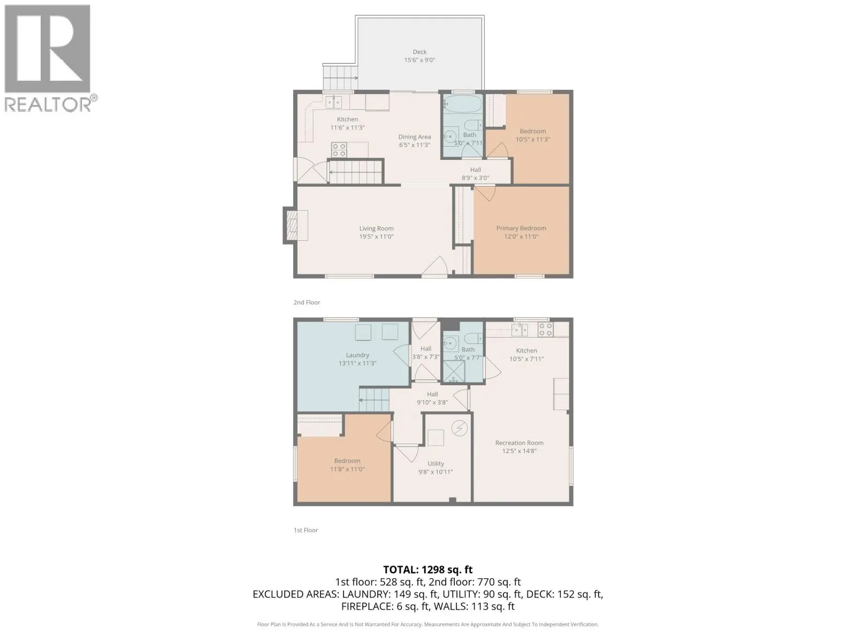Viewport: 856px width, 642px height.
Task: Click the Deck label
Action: coord(419,52)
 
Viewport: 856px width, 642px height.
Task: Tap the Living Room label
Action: coord(376,228)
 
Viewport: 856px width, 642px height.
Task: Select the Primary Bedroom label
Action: coord(521,228)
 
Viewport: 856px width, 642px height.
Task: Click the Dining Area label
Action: coord(415,137)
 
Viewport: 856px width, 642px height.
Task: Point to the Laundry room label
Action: coord(357,355)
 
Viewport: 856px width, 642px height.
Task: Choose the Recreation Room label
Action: coord(519,443)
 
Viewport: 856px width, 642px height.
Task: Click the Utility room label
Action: coord(435,463)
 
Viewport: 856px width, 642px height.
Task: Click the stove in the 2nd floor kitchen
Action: coord(339,150)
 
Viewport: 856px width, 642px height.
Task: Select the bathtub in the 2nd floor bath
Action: coord(463,104)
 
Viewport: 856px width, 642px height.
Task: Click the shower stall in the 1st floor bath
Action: coord(454,371)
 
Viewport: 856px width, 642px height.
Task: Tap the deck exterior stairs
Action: coord(341,78)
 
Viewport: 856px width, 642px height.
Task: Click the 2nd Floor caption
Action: coord(307,302)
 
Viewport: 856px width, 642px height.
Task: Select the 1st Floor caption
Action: coord(305,530)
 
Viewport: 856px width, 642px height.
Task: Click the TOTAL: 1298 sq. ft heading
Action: coord(428,570)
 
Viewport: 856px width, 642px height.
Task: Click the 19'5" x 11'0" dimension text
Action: coord(376,236)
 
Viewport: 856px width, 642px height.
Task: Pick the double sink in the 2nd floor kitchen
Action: coord(334,102)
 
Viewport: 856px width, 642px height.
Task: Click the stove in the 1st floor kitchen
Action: coord(545,329)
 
